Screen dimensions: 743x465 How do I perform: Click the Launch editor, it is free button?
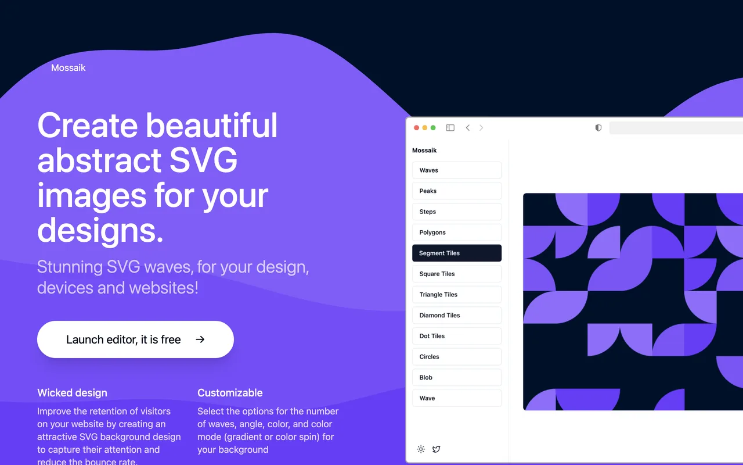(135, 339)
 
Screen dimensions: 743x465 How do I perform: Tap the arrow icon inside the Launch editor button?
(200, 339)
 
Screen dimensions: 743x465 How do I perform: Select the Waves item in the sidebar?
(457, 170)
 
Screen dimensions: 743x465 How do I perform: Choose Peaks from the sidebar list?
(457, 191)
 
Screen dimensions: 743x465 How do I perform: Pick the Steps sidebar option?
(457, 212)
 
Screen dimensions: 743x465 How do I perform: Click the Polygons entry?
(457, 232)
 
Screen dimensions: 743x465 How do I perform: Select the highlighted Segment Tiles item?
(457, 253)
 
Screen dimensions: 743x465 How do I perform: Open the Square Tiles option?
(457, 274)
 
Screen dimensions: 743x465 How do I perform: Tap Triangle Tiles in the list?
(457, 295)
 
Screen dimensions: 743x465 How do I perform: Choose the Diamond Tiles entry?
(457, 315)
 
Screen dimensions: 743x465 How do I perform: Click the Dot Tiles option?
(457, 336)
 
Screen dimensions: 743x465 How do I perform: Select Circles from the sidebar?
(457, 357)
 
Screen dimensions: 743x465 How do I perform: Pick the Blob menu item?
(457, 377)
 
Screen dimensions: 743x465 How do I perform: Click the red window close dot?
(416, 128)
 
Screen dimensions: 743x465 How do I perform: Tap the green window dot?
(433, 128)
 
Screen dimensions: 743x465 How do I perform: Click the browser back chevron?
(468, 128)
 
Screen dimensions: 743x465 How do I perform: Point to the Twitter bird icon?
(436, 449)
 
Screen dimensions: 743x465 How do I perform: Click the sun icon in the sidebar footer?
(421, 449)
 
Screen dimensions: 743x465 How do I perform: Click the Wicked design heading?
(72, 393)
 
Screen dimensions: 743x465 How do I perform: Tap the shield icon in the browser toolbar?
(598, 128)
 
